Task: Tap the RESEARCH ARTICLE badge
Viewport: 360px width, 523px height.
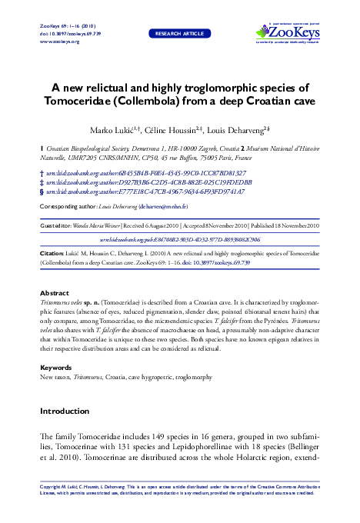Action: point(180,34)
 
